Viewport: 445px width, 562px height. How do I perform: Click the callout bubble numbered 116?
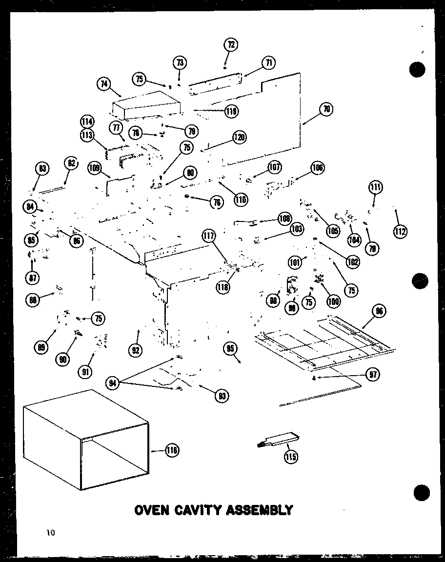point(171,450)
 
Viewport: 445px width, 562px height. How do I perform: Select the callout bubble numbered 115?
point(291,456)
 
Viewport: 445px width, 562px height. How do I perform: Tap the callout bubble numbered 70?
point(326,109)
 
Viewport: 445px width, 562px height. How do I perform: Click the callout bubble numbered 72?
point(230,45)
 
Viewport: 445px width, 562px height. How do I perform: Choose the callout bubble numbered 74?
point(103,84)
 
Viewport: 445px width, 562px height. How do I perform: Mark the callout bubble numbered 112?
point(400,232)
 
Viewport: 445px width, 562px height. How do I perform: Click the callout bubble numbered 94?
point(113,383)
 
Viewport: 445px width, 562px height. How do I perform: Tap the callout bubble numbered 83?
point(42,169)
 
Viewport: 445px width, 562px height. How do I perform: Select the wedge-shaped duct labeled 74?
point(146,105)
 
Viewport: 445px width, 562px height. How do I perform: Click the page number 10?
point(51,533)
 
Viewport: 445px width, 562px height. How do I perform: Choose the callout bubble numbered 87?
point(33,278)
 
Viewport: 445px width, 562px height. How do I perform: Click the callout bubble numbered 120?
point(239,138)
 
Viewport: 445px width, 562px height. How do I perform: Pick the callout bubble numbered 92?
point(136,349)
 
